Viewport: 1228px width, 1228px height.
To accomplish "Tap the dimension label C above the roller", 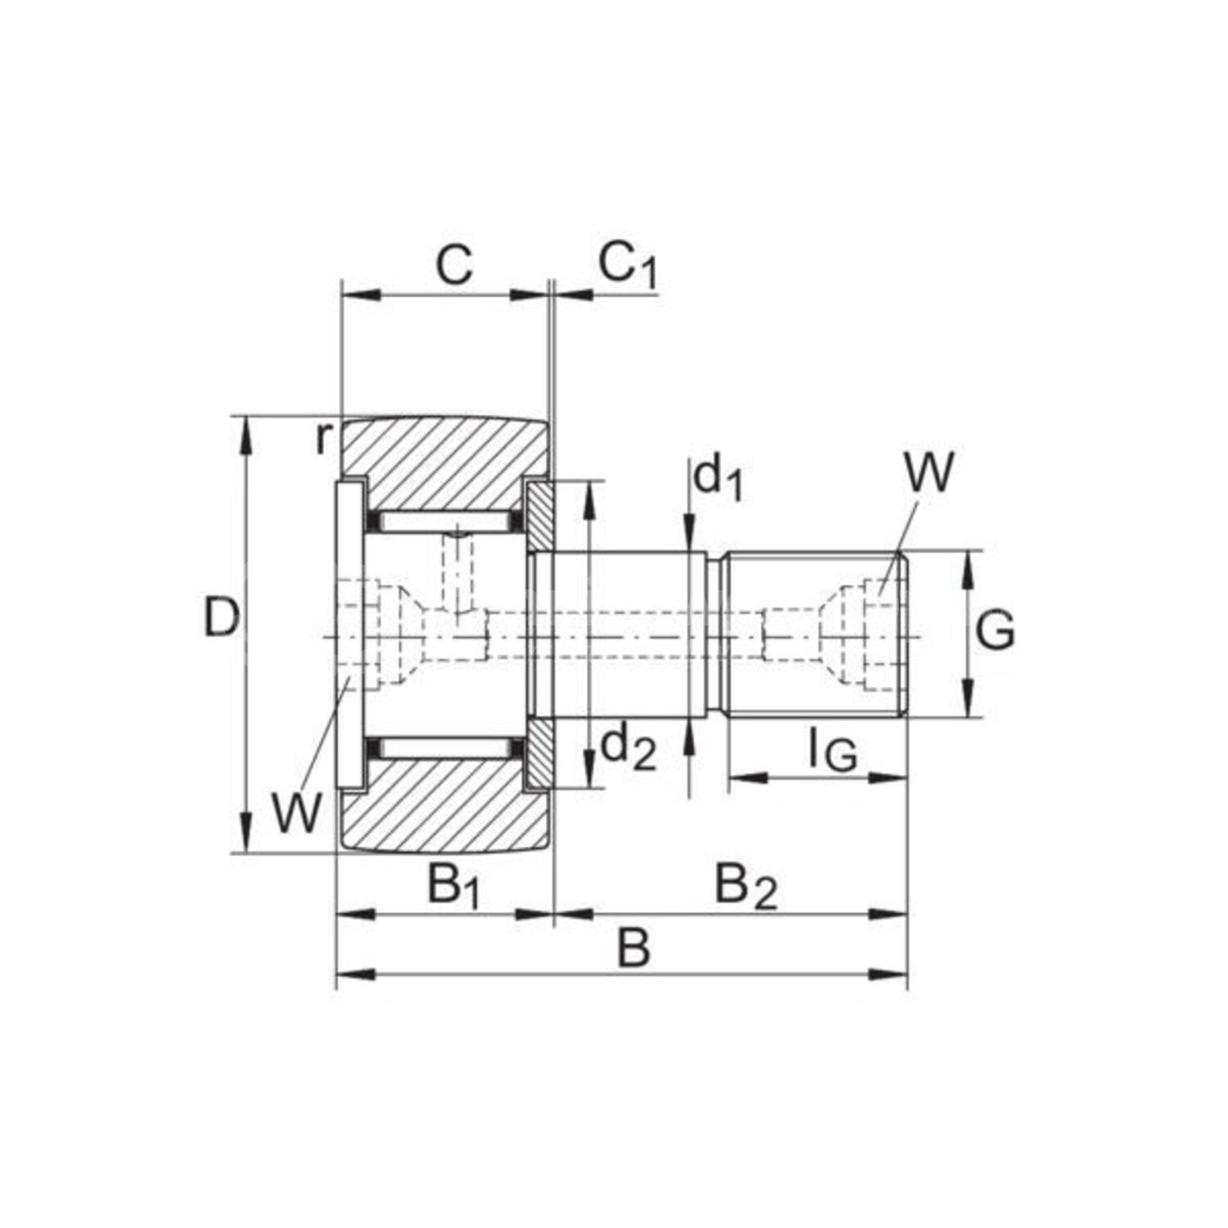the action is (453, 264).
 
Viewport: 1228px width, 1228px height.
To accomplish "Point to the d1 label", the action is (718, 480).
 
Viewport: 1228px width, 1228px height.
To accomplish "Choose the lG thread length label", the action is (833, 751).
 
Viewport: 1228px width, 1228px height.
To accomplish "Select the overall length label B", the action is (634, 949).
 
